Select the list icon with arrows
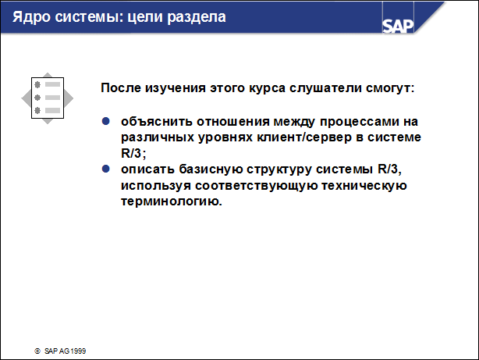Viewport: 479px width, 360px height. [x=48, y=98]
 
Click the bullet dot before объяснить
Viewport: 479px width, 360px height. [x=108, y=123]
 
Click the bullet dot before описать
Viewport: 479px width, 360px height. [x=108, y=169]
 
